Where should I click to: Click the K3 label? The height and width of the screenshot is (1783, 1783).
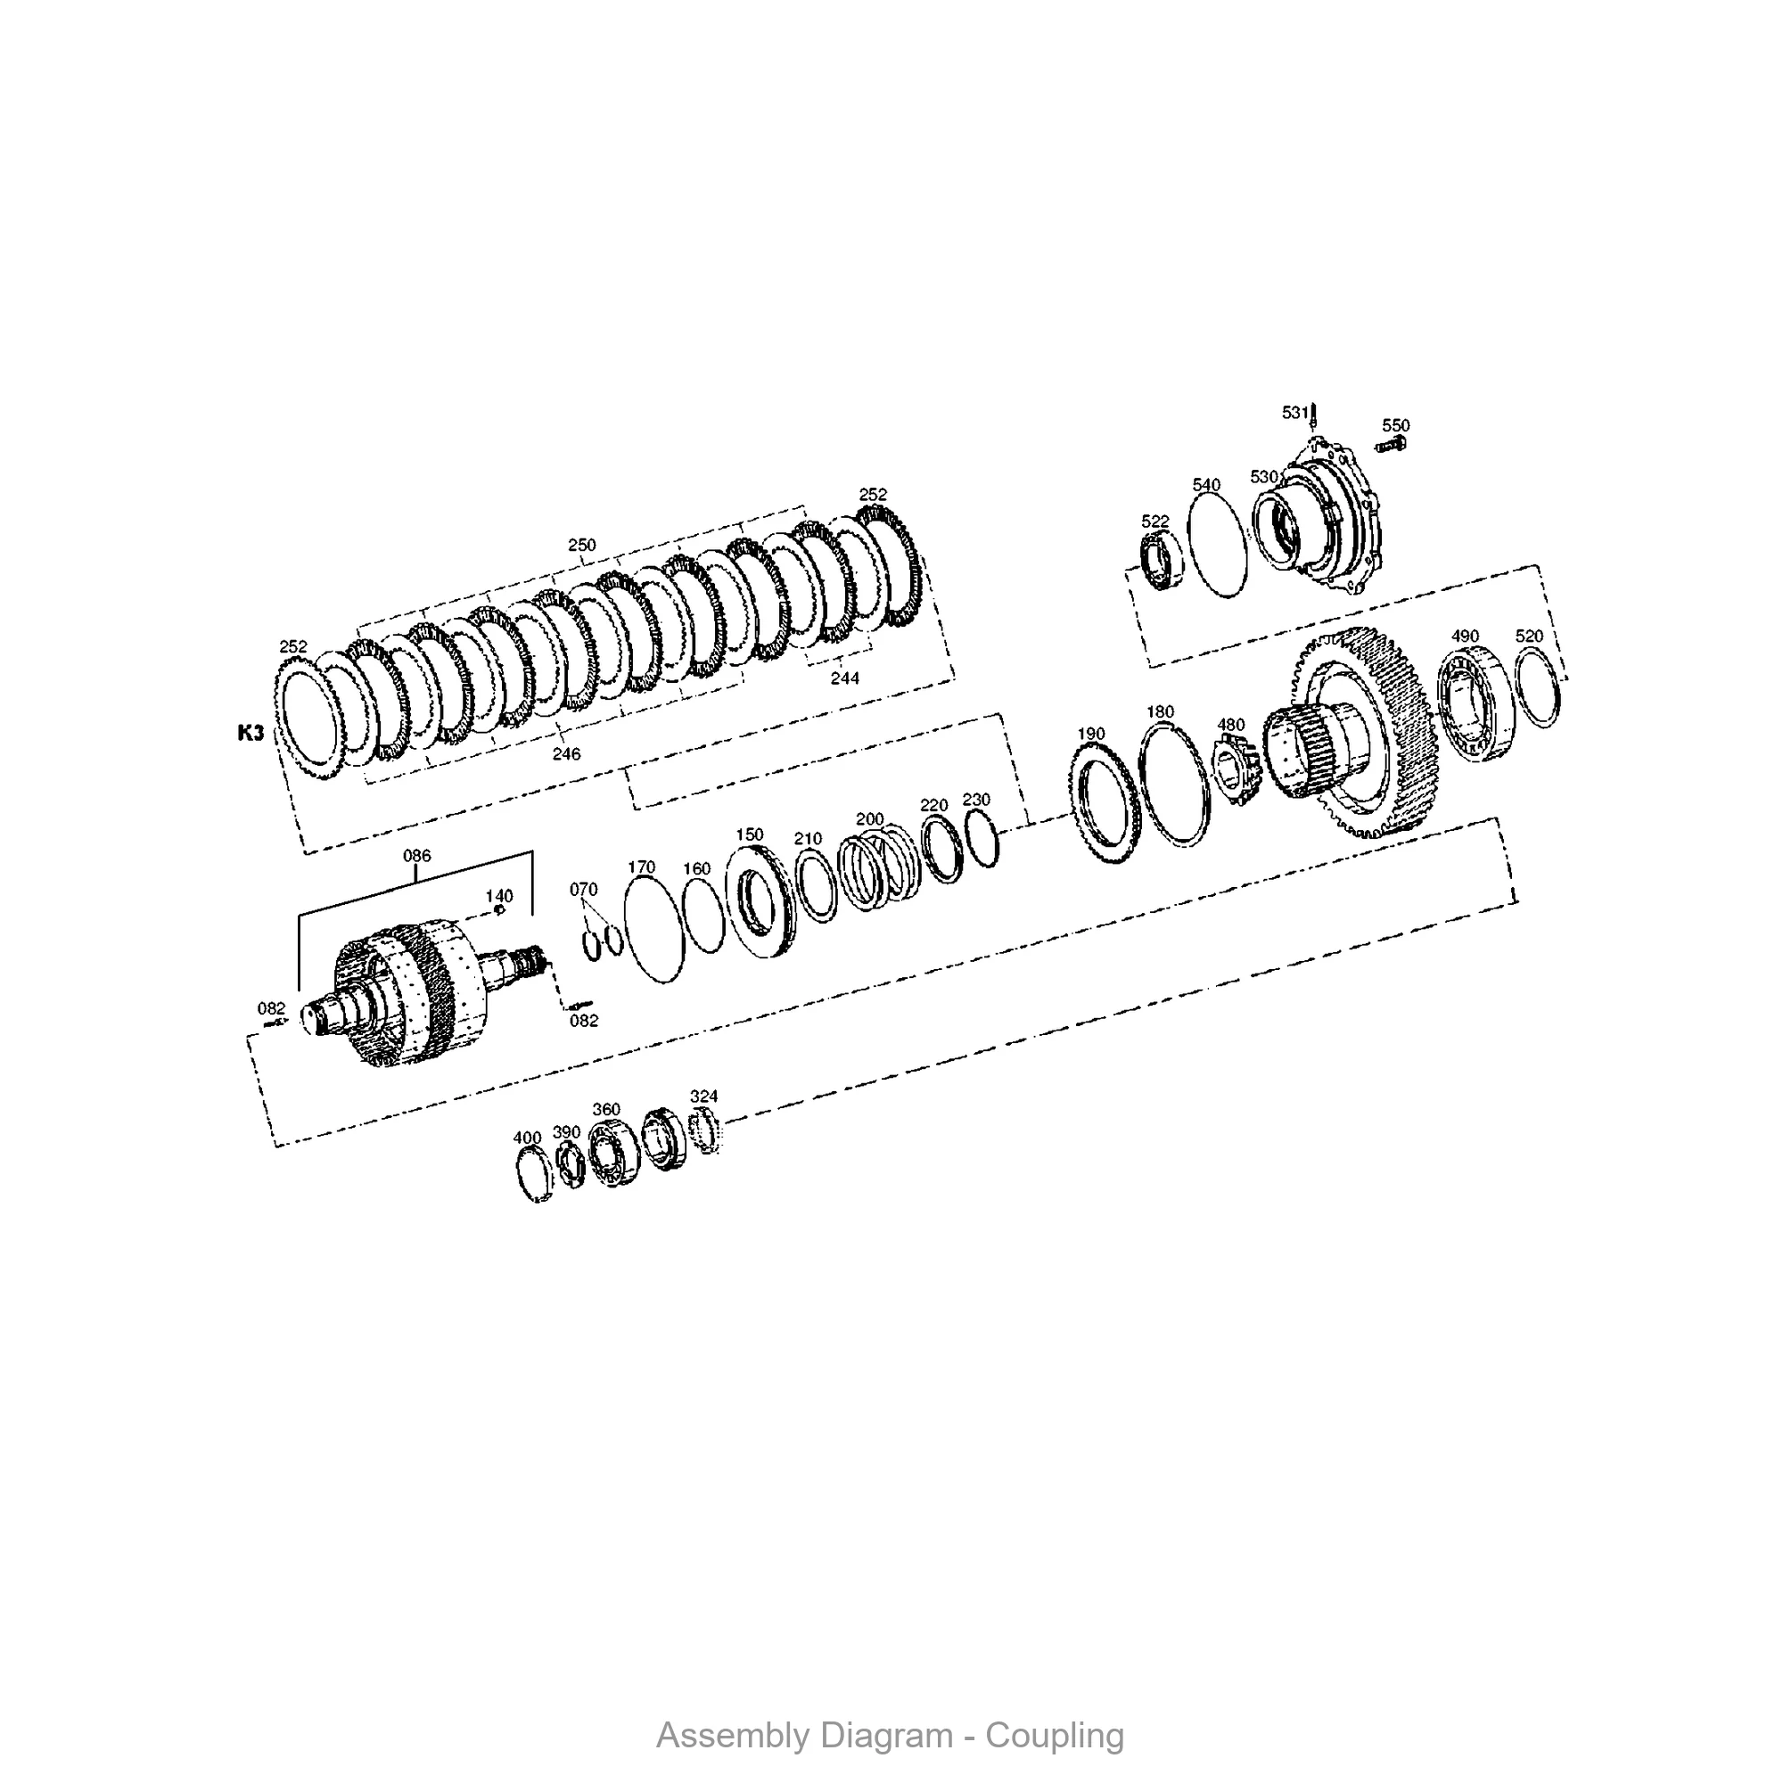coord(251,733)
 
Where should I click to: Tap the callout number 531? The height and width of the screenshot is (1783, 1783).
coord(1294,413)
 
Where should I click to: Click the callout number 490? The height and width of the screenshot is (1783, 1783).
coord(1465,636)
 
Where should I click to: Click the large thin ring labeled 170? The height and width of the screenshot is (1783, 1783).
coord(654,929)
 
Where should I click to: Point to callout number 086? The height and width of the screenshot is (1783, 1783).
coord(416,856)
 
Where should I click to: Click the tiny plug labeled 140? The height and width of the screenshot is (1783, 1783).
coord(499,911)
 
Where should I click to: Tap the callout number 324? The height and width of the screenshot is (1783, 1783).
coord(703,1097)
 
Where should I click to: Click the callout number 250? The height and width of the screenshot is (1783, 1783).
coord(581,545)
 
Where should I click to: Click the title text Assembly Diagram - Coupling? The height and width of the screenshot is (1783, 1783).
coord(890,1736)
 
